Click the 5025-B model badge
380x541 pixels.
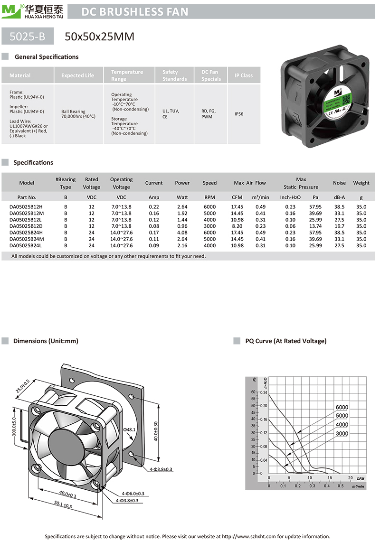[27, 36]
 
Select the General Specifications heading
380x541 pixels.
[47, 57]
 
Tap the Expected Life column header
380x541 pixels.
[77, 75]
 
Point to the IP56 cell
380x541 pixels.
[238, 114]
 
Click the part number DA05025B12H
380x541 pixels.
[27, 207]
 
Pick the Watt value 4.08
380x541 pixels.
[182, 233]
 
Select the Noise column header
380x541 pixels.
[339, 183]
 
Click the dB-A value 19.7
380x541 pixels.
[339, 226]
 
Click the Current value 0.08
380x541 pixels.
[154, 226]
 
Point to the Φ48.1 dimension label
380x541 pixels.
[130, 429]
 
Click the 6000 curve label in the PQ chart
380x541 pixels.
[342, 407]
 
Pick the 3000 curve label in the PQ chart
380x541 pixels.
[342, 433]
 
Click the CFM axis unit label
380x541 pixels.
[360, 478]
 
